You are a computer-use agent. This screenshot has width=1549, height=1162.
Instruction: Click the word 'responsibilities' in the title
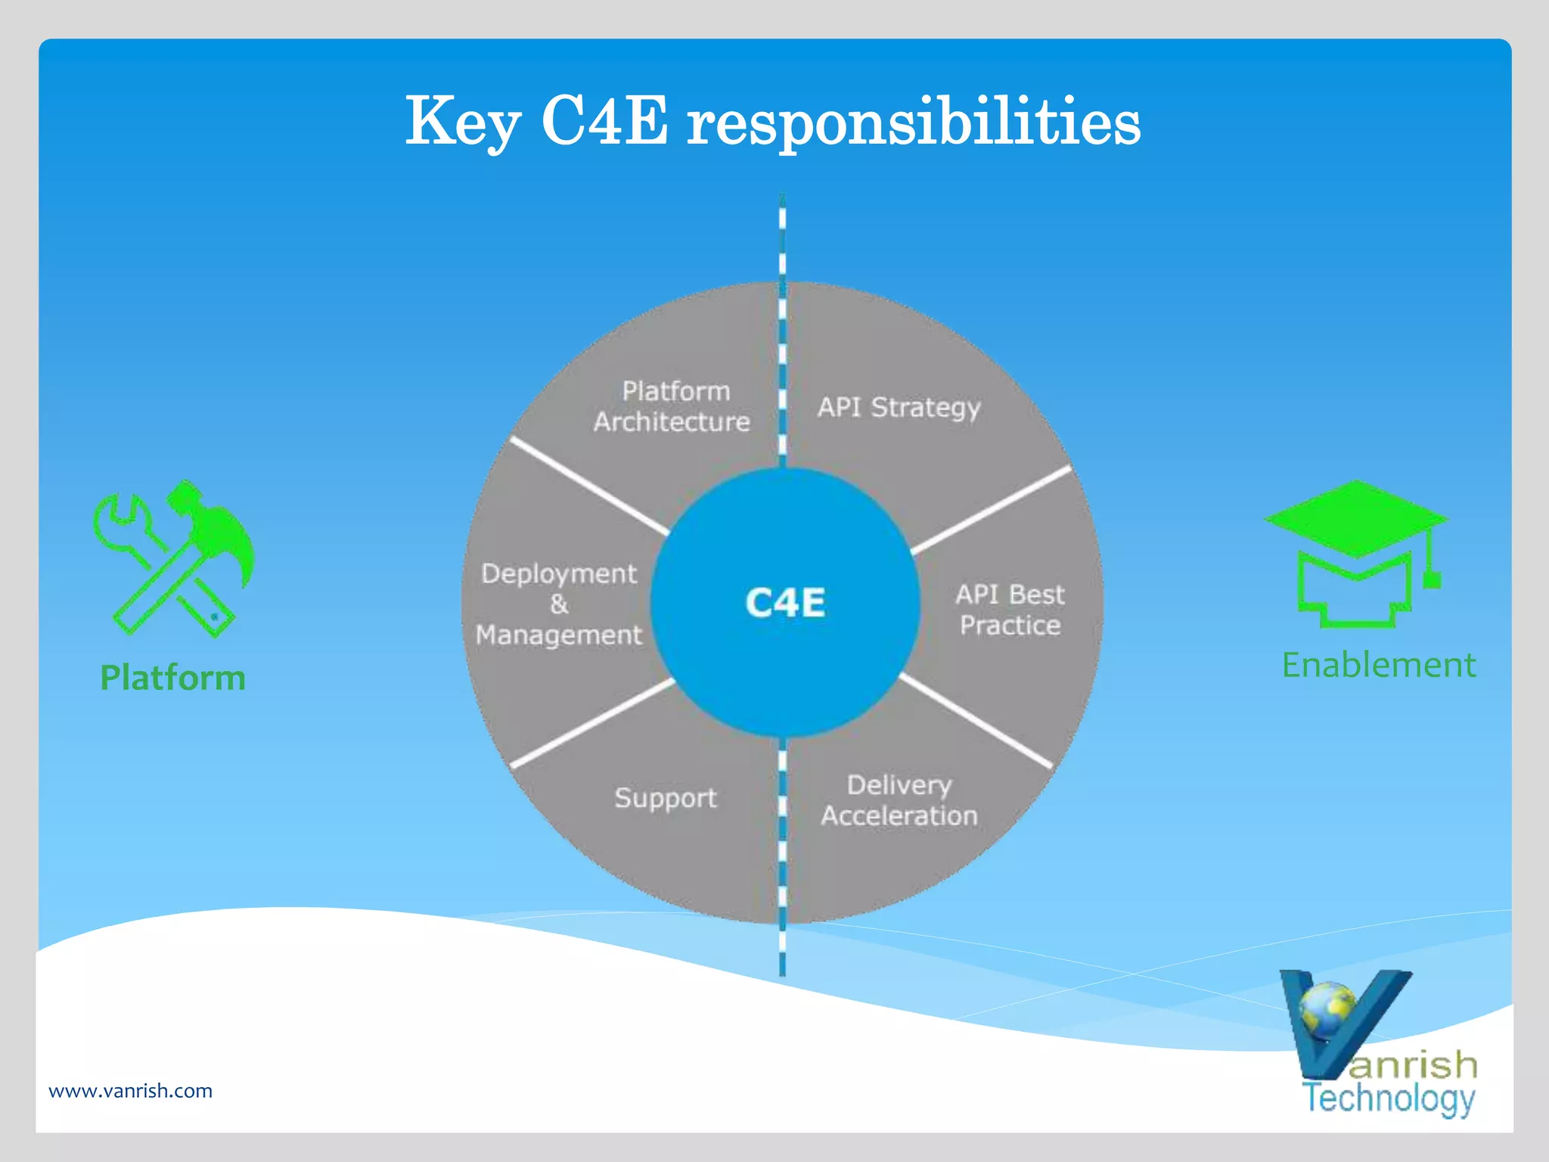tap(913, 123)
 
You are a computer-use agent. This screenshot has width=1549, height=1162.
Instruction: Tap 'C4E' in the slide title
tap(604, 121)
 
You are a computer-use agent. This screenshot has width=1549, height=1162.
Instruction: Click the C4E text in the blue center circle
tap(785, 603)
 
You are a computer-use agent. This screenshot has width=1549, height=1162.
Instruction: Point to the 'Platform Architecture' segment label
tap(672, 406)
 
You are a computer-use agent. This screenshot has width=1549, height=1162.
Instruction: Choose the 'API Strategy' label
tap(899, 408)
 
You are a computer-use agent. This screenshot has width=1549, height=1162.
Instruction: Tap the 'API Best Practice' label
tap(1010, 610)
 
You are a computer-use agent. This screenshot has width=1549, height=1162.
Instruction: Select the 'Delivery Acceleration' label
tap(899, 800)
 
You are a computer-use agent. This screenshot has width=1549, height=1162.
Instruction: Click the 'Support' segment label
tap(665, 798)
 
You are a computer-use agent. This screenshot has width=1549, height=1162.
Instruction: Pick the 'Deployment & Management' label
tap(559, 604)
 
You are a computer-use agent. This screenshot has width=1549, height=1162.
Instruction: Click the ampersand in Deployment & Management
tap(559, 604)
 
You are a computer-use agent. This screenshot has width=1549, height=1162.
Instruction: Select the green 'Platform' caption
tap(173, 678)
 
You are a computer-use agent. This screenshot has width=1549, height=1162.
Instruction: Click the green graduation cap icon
tap(1355, 552)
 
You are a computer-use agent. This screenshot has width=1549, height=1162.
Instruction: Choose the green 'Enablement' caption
tap(1378, 666)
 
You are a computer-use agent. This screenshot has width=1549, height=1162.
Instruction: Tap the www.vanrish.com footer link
tap(130, 1091)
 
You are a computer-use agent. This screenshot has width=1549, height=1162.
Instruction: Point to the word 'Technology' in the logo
tap(1389, 1098)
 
